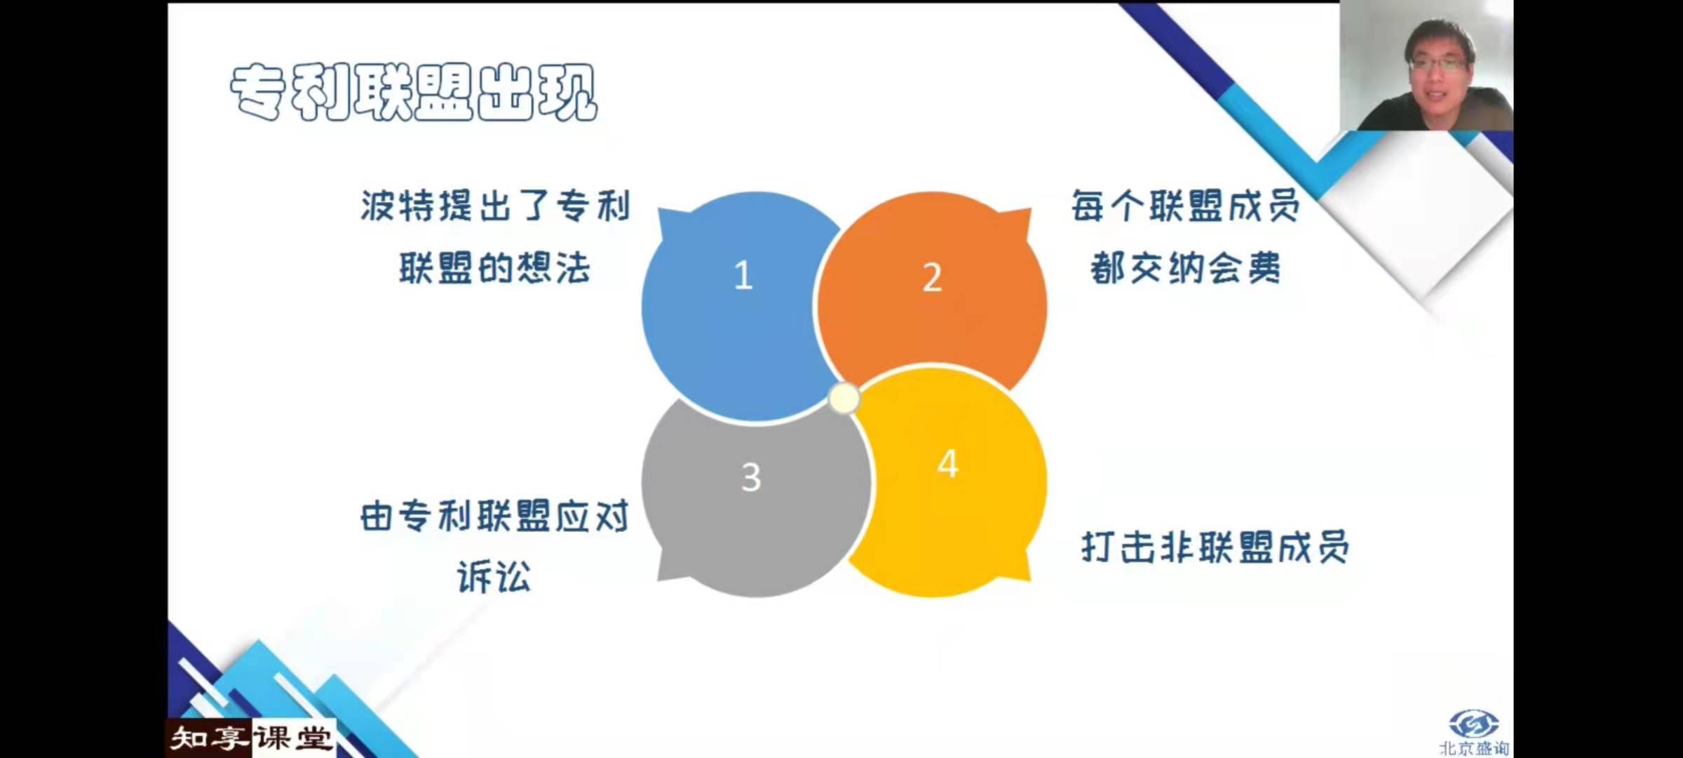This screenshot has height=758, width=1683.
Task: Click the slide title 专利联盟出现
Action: tap(414, 93)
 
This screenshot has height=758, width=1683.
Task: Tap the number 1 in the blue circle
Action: tap(743, 275)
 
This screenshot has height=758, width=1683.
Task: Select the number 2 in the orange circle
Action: tap(932, 277)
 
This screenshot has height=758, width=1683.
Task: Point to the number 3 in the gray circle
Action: tap(751, 477)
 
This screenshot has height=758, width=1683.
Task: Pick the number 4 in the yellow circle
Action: tap(948, 464)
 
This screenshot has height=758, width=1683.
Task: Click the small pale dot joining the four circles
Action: tap(844, 399)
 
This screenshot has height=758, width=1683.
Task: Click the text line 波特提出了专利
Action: tap(496, 206)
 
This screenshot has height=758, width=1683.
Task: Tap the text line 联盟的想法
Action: tap(495, 268)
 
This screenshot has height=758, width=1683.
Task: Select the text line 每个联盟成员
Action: tap(1186, 206)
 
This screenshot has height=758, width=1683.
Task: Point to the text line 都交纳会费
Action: tap(1186, 268)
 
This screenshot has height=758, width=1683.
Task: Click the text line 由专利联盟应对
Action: tap(494, 517)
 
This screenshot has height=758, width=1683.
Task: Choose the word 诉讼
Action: tap(494, 577)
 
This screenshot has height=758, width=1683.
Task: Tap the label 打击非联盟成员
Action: tap(1215, 547)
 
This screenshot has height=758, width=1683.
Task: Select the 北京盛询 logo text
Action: tap(1474, 748)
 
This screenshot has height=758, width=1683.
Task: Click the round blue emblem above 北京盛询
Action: tap(1473, 724)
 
